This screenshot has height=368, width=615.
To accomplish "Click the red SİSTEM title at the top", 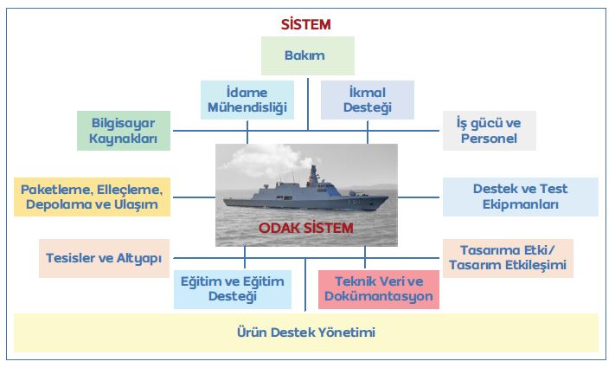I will [306, 23].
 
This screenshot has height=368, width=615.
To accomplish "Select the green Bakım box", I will [307, 55].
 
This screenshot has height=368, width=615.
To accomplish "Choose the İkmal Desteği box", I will [368, 100].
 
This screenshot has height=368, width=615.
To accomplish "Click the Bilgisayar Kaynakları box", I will [123, 130].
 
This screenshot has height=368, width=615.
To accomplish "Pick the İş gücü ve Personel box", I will [489, 130].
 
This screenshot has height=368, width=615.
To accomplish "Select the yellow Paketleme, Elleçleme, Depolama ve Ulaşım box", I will [92, 197].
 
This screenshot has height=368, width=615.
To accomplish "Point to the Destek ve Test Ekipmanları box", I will [520, 197].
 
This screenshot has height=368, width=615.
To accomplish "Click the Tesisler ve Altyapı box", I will [104, 258].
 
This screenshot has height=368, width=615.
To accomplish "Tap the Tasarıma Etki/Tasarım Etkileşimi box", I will [507, 257].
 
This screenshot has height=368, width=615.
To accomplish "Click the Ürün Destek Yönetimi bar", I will [306, 332].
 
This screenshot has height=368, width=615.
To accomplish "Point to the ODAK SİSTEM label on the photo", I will [306, 228].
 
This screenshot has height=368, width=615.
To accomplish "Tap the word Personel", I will [490, 139].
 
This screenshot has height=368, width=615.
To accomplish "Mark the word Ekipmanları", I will [521, 205].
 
